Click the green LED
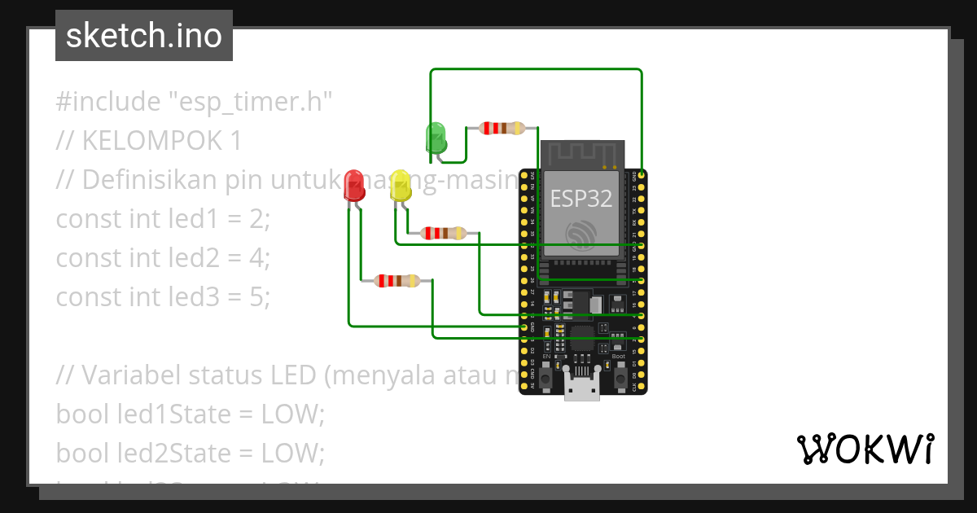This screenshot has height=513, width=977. click(x=436, y=137)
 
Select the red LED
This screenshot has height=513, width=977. click(x=354, y=186)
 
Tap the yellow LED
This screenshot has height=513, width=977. click(x=400, y=186)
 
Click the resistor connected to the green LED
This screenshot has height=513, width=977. click(x=502, y=128)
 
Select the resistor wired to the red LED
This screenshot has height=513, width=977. click(x=396, y=281)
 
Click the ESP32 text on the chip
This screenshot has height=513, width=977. click(x=582, y=198)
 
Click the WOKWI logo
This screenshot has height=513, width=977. click(x=865, y=449)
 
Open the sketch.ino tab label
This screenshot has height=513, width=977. click(x=144, y=36)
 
